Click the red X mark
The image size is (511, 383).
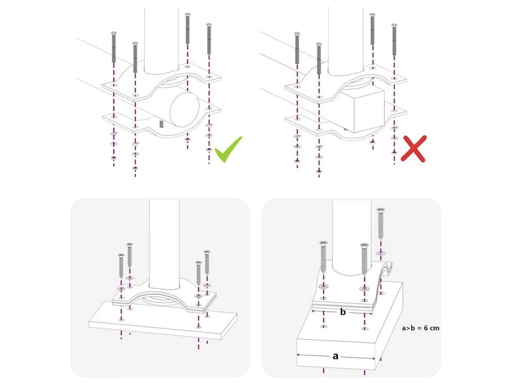[x=414, y=149]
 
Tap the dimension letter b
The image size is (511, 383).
[x=343, y=312]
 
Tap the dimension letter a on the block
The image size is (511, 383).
[x=335, y=356]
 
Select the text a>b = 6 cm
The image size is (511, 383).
[x=420, y=328]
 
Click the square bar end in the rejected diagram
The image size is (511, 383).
[x=368, y=111]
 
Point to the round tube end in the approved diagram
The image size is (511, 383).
[x=184, y=109]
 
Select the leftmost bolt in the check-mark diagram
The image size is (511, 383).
[x=114, y=47]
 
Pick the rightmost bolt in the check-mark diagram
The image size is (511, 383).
[x=209, y=38]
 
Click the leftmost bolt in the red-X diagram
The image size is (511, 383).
[x=297, y=48]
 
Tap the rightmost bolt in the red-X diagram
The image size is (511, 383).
[x=394, y=39]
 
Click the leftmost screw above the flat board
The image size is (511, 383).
[x=121, y=266]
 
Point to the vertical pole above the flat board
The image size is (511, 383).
[x=164, y=244]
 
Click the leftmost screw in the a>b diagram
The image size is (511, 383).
[x=323, y=257]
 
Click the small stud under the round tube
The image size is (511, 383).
[x=161, y=124]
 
